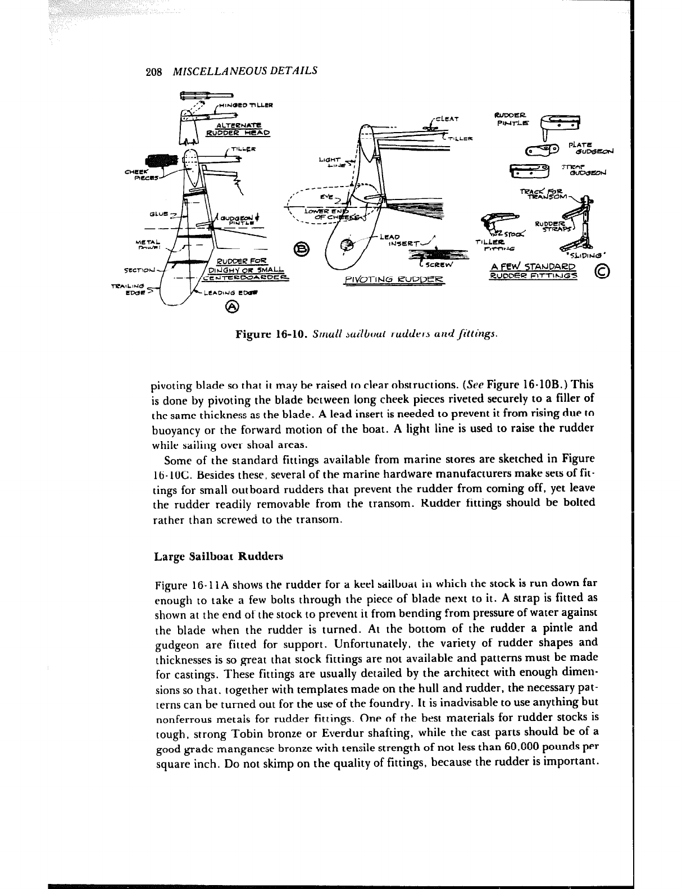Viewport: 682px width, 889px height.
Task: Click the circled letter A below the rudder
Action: (x=232, y=306)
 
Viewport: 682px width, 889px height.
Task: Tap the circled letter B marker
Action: (x=302, y=248)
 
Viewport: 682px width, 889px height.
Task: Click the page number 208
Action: (x=153, y=71)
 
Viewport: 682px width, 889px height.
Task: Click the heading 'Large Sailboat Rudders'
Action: (x=219, y=557)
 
